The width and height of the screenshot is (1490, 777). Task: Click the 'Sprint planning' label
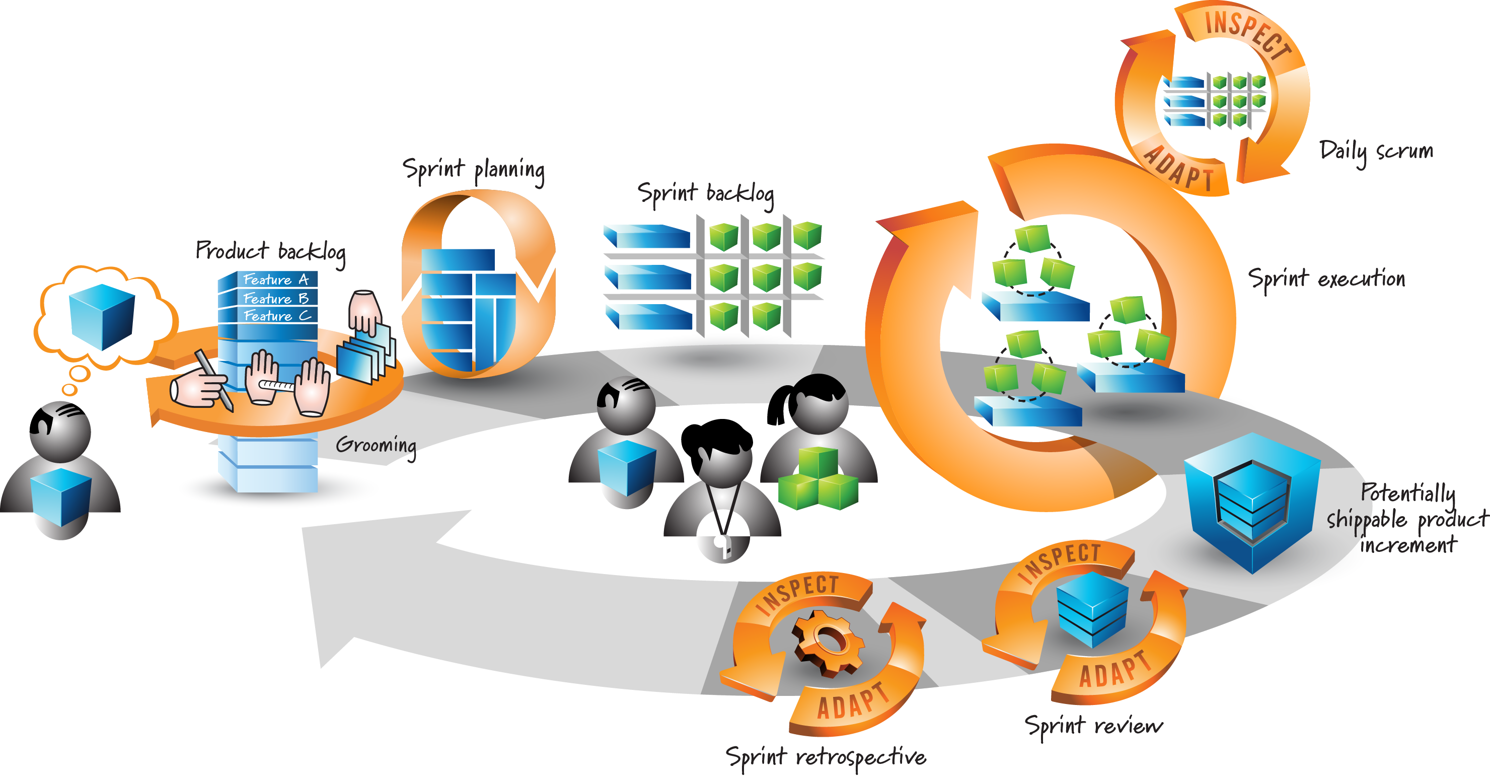click(474, 171)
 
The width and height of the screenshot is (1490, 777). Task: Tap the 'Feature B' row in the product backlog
click(276, 299)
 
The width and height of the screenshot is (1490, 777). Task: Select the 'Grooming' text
click(376, 446)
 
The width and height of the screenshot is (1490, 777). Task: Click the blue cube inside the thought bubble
click(102, 316)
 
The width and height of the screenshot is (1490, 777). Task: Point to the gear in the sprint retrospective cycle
click(828, 642)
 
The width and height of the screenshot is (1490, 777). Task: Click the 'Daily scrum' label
click(1377, 152)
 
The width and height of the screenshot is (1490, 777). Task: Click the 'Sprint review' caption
click(1094, 726)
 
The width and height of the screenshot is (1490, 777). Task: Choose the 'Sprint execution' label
click(1326, 279)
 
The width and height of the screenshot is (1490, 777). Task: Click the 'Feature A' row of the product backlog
click(276, 279)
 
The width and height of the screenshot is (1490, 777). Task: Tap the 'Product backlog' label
click(271, 252)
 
